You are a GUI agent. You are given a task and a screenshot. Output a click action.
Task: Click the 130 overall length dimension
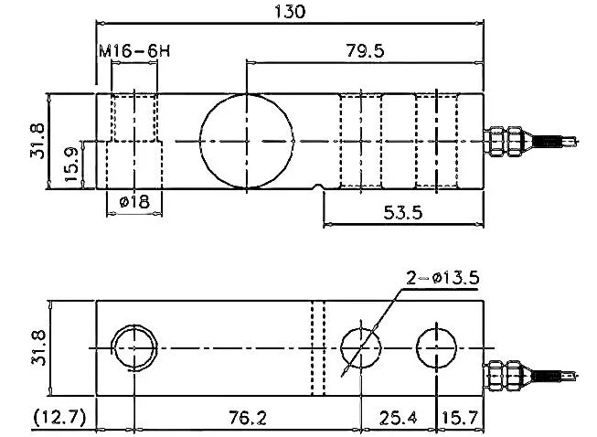(289, 12)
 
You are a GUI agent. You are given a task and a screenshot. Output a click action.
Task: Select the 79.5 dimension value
(365, 51)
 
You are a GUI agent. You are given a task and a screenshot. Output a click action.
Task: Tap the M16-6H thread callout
(133, 53)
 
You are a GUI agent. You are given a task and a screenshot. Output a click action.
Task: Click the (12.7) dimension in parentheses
(59, 418)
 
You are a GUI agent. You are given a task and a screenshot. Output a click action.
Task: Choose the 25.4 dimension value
(395, 418)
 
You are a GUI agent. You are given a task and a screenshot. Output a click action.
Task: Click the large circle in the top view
(246, 141)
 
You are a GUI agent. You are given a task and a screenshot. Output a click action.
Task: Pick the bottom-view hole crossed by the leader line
(361, 348)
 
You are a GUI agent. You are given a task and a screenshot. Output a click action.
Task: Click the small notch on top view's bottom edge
(318, 189)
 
